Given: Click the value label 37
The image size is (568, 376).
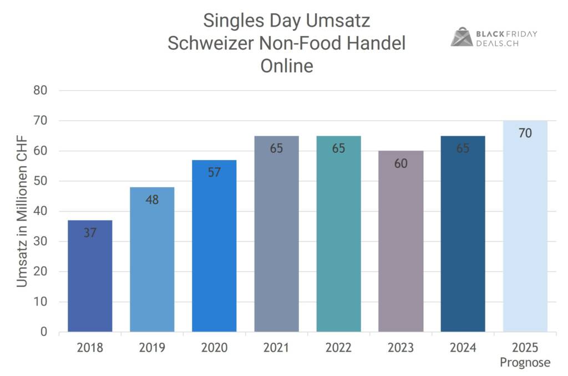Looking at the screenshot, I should pyautogui.click(x=90, y=233).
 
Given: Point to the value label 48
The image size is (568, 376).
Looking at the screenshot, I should pyautogui.click(x=152, y=200).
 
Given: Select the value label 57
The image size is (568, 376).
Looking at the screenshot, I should pyautogui.click(x=214, y=172).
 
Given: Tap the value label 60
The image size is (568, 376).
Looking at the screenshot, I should pyautogui.click(x=400, y=163).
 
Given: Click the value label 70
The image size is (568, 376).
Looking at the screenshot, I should pyautogui.click(x=525, y=133).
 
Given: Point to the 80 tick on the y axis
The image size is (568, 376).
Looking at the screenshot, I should pyautogui.click(x=40, y=90).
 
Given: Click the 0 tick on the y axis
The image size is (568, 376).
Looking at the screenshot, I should pyautogui.click(x=44, y=332).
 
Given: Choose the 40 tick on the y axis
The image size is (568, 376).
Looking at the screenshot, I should pyautogui.click(x=40, y=212).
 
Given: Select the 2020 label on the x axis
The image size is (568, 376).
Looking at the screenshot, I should pyautogui.click(x=214, y=348).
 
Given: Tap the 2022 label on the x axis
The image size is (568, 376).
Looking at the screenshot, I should pyautogui.click(x=338, y=348).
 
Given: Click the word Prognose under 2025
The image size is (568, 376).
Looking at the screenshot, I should pyautogui.click(x=525, y=363).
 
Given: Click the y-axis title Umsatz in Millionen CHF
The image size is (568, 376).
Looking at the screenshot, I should pyautogui.click(x=22, y=212).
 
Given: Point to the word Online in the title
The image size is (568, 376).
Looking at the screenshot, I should pyautogui.click(x=287, y=65).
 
